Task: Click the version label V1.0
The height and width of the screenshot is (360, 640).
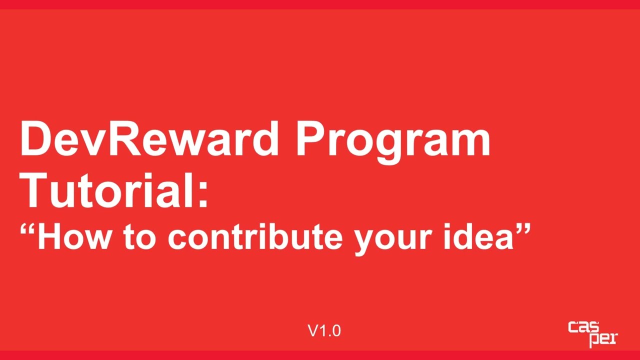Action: click(x=324, y=330)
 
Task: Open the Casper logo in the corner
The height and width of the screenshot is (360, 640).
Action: click(x=592, y=334)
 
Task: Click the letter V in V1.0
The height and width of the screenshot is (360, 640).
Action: click(x=313, y=330)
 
